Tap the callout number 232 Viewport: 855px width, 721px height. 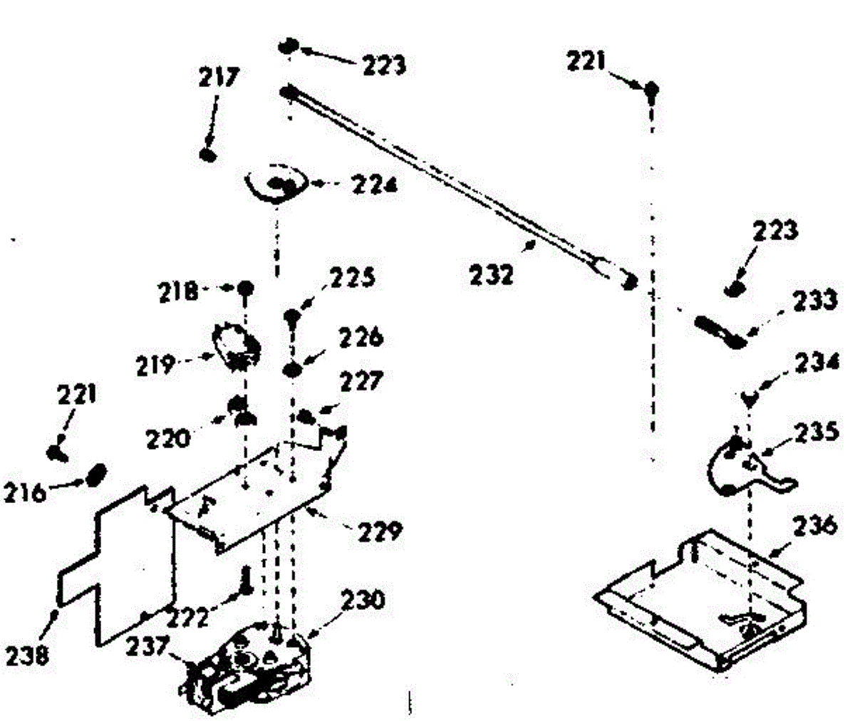coord(492,274)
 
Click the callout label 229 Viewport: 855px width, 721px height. coord(381,531)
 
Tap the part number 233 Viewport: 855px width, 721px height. coord(814,301)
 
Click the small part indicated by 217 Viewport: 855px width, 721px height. coord(208,155)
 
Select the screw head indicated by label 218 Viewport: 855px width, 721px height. coord(246,289)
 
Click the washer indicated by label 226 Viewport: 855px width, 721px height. coord(291,370)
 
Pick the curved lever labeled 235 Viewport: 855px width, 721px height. coord(745,467)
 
